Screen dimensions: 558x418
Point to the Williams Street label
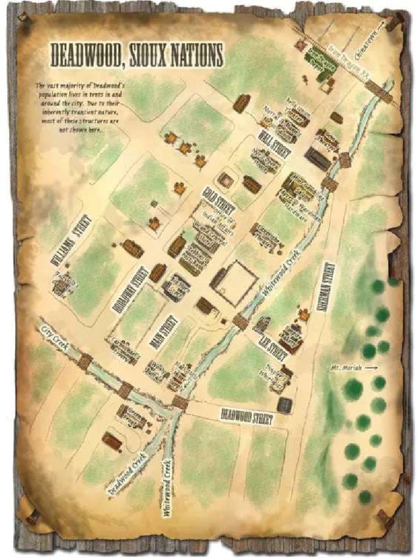tap(71, 240)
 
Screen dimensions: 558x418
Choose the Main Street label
tap(164, 331)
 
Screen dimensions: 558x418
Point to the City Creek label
tap(53, 336)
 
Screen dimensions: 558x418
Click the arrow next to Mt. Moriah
tap(370, 368)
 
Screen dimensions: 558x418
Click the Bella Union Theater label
tap(298, 108)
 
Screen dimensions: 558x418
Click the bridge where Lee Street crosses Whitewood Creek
tap(241, 322)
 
